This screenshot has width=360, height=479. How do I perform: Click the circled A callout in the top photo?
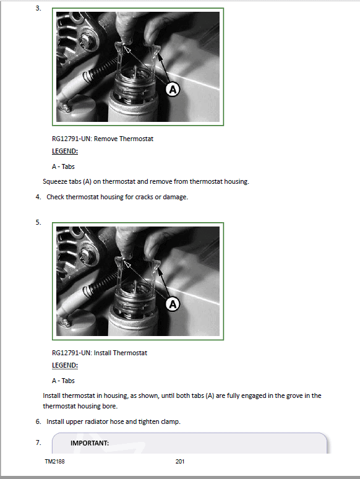[173, 90]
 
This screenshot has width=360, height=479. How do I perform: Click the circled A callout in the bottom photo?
[173, 304]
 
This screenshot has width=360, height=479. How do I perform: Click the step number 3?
[38, 8]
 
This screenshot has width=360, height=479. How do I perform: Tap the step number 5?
[38, 222]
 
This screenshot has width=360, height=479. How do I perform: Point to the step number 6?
[38, 421]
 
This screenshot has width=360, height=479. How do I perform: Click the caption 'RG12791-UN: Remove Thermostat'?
[102, 139]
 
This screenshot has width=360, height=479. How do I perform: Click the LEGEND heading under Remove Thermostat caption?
[65, 151]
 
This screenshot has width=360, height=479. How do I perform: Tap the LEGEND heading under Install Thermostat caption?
[65, 365]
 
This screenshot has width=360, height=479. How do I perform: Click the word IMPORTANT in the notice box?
[90, 443]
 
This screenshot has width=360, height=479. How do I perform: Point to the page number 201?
[180, 461]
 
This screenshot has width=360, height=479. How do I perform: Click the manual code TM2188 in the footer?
[54, 461]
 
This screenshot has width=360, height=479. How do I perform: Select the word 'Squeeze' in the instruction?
[56, 181]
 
